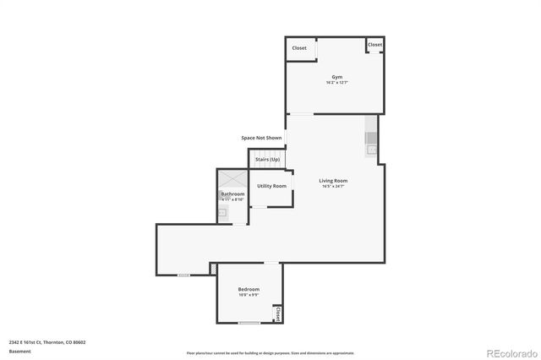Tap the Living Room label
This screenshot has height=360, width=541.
pyautogui.click(x=333, y=180)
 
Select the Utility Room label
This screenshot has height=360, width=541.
pyautogui.click(x=271, y=186)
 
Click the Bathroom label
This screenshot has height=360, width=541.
pyautogui.click(x=232, y=194)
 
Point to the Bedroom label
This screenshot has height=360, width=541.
pyautogui.click(x=249, y=289)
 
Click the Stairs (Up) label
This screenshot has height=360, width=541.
pyautogui.click(x=268, y=159)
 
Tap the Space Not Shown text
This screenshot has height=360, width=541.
pyautogui.click(x=261, y=137)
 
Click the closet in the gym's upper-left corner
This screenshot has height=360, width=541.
pyautogui.click(x=299, y=48)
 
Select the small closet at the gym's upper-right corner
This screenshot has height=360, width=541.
pyautogui.click(x=374, y=45)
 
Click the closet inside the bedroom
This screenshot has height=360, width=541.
pyautogui.click(x=276, y=314)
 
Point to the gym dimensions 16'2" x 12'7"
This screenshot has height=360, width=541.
pyautogui.click(x=336, y=83)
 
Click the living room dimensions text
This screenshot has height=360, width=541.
pyautogui.click(x=333, y=186)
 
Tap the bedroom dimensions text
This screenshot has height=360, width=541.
pyautogui.click(x=249, y=295)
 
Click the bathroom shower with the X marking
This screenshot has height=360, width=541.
pyautogui.click(x=232, y=178)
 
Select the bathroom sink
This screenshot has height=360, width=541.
pyautogui.click(x=223, y=214)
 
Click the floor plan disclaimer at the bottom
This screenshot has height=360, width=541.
pyautogui.click(x=270, y=352)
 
